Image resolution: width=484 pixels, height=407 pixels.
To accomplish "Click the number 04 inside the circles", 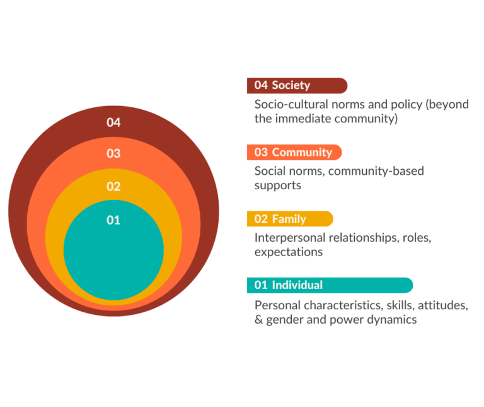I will click(113, 122).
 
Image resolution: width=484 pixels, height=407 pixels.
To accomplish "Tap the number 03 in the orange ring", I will click(113, 153).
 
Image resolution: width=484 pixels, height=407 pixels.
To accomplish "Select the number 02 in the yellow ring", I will click(113, 186).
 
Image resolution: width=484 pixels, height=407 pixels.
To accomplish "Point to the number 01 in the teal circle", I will click(113, 220).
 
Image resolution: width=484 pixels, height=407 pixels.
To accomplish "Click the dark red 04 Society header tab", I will click(296, 85).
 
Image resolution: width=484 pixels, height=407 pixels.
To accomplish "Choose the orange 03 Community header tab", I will click(294, 152).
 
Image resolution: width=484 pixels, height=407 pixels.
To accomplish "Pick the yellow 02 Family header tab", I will click(289, 219).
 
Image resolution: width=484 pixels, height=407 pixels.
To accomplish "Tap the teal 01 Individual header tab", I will click(329, 285).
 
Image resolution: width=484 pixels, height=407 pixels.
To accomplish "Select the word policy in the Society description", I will click(398, 104).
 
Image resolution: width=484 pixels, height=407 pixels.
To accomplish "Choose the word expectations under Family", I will click(289, 252).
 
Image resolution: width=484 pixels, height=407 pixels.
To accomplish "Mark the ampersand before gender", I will click(258, 319).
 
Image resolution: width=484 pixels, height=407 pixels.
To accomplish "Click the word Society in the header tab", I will click(291, 85).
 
